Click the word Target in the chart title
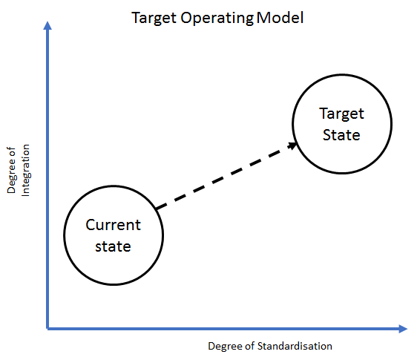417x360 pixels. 154,19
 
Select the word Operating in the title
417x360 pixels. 217,19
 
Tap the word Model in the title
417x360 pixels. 280,18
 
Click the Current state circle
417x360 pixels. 64,235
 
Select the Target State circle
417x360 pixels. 292,124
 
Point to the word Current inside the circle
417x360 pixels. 113,225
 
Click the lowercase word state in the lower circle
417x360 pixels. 113,246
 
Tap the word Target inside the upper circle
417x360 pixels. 341,114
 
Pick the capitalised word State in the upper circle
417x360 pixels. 341,134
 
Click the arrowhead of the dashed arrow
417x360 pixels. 292,145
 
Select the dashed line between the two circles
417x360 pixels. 226,176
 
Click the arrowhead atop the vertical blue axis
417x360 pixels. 47,25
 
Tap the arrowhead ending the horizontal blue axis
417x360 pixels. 403,329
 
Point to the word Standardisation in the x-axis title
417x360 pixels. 295,346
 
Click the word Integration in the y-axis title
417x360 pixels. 25,170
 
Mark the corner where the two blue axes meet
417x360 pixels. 47,329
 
